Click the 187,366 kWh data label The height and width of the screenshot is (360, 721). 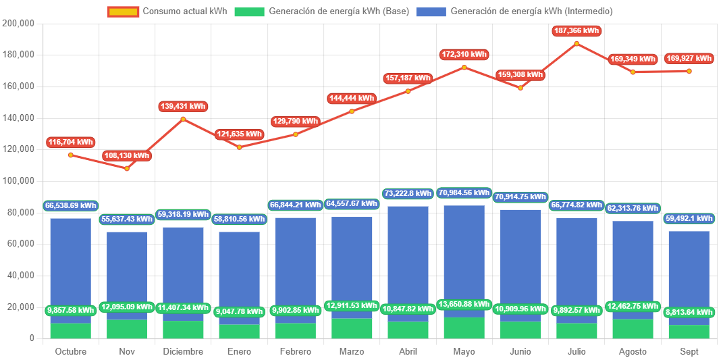[576, 31]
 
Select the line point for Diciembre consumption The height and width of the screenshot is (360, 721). [183, 120]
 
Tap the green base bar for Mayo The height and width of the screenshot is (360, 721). [464, 328]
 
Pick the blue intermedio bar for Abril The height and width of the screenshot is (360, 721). [408, 257]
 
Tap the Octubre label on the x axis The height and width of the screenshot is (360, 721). [70, 352]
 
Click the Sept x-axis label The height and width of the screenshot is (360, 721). [689, 352]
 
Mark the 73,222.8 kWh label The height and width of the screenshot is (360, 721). [408, 194]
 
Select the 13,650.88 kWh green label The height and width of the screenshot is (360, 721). [464, 305]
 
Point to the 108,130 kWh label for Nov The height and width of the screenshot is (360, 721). [127, 156]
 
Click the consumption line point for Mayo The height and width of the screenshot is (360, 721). [464, 68]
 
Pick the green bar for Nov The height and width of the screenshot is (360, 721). [127, 329]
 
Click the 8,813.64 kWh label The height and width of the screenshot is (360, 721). [689, 312]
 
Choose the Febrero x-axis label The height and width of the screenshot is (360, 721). [295, 352]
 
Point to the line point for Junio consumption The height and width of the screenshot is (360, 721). [520, 88]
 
